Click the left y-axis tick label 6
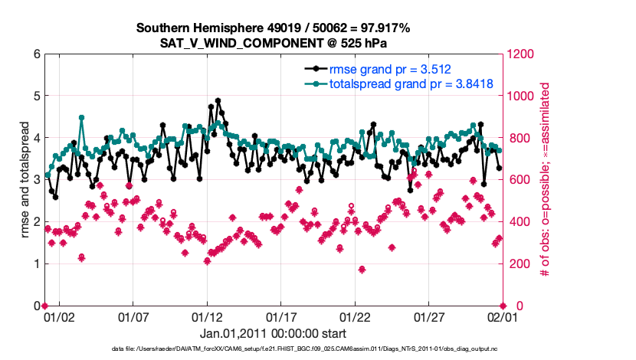click(36, 54)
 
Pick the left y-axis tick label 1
click(36, 263)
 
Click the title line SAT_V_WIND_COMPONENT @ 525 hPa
click(274, 42)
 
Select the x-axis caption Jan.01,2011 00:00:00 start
click(274, 333)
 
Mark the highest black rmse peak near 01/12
click(218, 100)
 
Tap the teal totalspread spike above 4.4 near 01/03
click(81, 118)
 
